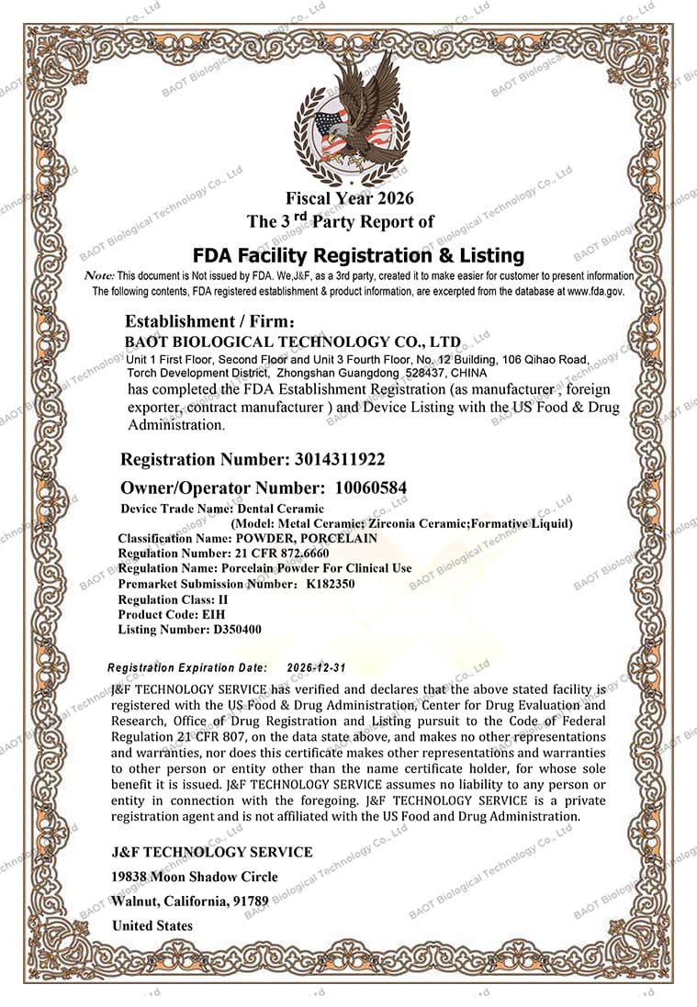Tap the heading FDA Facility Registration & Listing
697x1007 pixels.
tap(358, 254)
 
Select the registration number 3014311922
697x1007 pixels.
tap(340, 459)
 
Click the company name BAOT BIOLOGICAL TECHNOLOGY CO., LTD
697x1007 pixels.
tap(293, 341)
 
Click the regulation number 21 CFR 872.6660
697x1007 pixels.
tap(282, 554)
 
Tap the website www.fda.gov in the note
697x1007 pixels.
tap(596, 291)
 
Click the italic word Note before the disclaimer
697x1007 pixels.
tap(98, 275)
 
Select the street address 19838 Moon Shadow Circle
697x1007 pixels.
tap(195, 877)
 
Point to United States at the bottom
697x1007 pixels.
tap(152, 925)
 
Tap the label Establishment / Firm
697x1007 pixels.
tap(209, 321)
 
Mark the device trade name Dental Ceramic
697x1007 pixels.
tap(281, 508)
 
